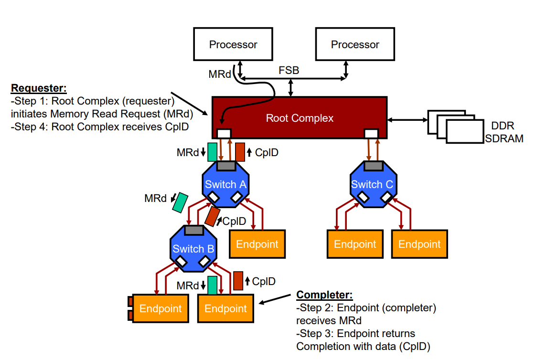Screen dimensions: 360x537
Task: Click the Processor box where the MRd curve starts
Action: pyautogui.click(x=233, y=45)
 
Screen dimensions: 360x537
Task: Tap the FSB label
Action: pyautogui.click(x=289, y=71)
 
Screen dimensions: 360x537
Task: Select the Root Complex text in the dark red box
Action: pyautogui.click(x=300, y=118)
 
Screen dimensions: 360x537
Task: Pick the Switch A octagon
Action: pyautogui.click(x=225, y=184)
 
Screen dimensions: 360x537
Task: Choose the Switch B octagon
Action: pyautogui.click(x=193, y=248)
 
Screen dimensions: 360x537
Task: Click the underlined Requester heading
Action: pyautogui.click(x=38, y=88)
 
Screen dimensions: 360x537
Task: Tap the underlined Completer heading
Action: pyautogui.click(x=324, y=295)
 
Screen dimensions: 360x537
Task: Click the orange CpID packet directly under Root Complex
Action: pyautogui.click(x=240, y=152)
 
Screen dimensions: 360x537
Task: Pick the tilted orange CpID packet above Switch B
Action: pyautogui.click(x=212, y=216)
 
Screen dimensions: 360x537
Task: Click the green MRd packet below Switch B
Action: pyautogui.click(x=213, y=285)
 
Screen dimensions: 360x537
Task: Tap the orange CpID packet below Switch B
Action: pyautogui.click(x=238, y=280)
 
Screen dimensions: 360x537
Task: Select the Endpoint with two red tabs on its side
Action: pyautogui.click(x=160, y=308)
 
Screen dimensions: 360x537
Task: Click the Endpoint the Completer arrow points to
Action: pyautogui.click(x=226, y=308)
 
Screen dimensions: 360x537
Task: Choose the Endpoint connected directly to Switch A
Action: pyautogui.click(x=257, y=244)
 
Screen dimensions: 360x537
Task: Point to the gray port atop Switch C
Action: pyautogui.click(x=373, y=166)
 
